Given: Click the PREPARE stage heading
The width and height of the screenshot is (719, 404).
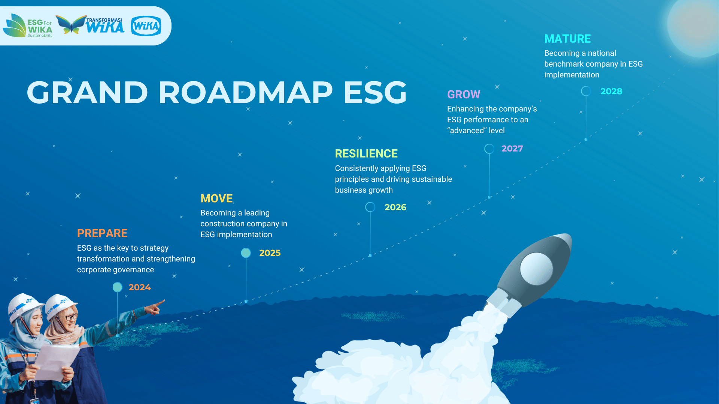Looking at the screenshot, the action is pos(102,233).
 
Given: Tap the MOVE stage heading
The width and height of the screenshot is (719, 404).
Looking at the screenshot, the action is pos(216,198).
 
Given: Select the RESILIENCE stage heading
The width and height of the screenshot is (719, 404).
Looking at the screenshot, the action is pos(366,154).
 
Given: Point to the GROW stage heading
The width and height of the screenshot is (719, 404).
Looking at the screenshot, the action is pos(464,94).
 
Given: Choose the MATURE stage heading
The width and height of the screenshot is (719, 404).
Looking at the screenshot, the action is pos(567,39).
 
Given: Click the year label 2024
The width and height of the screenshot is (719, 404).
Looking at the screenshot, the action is pos(140,287).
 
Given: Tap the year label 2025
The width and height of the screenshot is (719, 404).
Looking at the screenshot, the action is pos(270,253).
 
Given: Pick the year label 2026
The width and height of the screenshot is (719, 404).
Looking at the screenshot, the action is pos(395,207).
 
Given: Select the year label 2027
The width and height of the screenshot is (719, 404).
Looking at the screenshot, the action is pos(512,149).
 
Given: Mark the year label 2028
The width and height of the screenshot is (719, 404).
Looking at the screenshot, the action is pos(612,91).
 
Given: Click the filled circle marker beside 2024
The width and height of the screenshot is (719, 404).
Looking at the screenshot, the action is pos(118,287).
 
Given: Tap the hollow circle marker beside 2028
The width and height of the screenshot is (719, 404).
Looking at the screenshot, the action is pos(586,86).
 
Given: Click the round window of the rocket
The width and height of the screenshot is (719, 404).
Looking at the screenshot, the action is pos(536,269).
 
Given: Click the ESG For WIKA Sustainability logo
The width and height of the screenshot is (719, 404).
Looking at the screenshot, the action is pos(28,25).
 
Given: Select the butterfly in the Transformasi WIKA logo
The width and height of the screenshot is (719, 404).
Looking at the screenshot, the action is pos(71,25).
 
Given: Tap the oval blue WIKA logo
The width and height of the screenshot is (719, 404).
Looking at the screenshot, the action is pos(146,26).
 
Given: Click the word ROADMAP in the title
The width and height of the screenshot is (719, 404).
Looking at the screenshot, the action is pos(245,92).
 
